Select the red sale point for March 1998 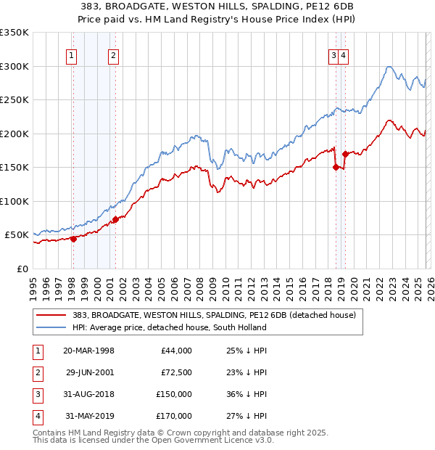(x=73, y=239)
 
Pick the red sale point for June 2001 (x=115, y=219)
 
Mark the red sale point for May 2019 (x=345, y=154)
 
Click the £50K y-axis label (x=17, y=235)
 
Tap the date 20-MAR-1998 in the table (x=88, y=351)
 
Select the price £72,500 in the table (x=175, y=372)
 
